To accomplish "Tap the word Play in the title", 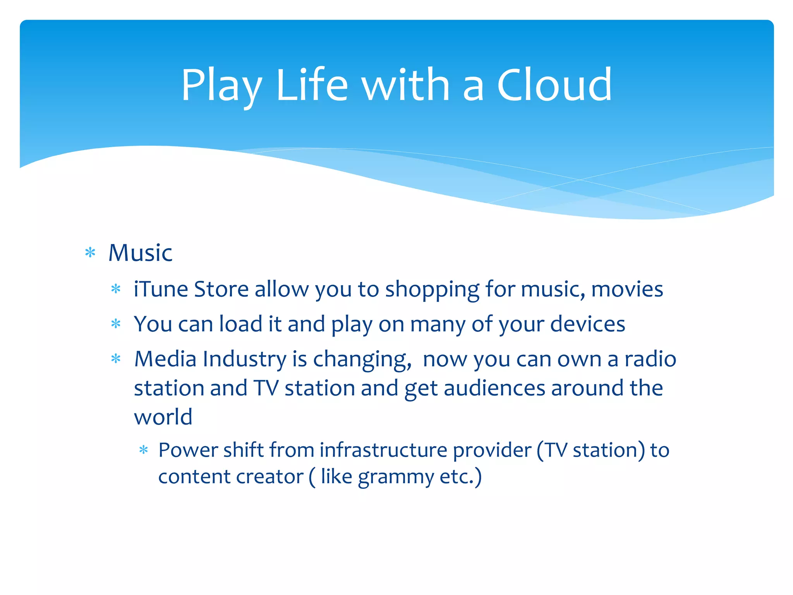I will pos(221,86).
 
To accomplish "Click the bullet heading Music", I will pos(140,253).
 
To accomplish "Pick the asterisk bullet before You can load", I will pos(116,324).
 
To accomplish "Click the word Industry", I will pos(244,359).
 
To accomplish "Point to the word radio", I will pos(650,359).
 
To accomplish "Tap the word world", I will pos(163,417).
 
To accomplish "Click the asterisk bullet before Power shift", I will pos(144,451).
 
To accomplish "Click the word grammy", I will pos(395,477).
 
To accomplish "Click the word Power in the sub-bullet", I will pos(188,450).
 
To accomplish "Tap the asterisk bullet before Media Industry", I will pos(116,359).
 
